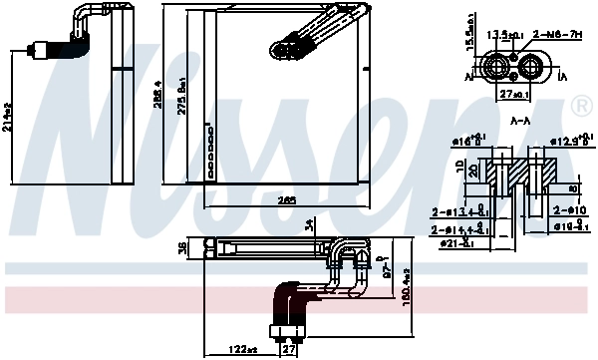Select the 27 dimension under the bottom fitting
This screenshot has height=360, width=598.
(x=288, y=349)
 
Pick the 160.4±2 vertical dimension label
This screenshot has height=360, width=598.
(x=406, y=289)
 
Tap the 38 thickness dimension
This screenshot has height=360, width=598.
(x=181, y=250)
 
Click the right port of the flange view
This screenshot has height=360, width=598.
(x=531, y=69)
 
